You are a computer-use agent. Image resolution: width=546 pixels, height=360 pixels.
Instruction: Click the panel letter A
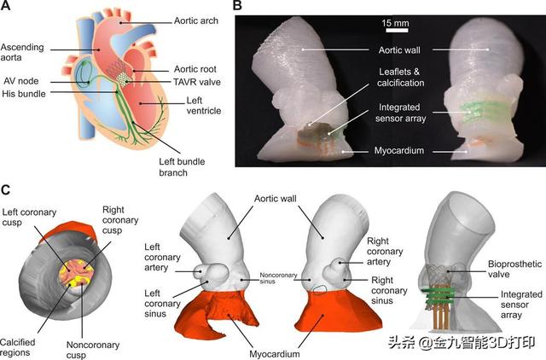tap(6, 6)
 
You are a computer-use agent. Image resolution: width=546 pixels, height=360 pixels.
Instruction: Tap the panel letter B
tap(237, 6)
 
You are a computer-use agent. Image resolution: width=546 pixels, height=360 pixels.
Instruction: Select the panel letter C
tap(6, 190)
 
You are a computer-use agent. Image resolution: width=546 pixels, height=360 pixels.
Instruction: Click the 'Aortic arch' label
tap(196, 20)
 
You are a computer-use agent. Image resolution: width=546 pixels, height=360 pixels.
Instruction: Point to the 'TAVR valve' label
tap(197, 82)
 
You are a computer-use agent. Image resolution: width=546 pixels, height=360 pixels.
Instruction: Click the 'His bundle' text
tap(24, 94)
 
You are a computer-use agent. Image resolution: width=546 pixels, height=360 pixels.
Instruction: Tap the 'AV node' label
tap(20, 81)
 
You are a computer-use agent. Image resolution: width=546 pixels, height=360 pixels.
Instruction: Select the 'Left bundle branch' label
tap(182, 167)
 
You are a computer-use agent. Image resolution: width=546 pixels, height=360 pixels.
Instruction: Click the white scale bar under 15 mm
tap(397, 31)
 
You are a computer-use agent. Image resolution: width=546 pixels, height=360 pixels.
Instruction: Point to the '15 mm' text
tap(395, 23)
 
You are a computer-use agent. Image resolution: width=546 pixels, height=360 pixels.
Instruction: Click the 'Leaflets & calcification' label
tap(400, 78)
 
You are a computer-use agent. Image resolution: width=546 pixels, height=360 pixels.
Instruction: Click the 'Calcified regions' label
tap(17, 347)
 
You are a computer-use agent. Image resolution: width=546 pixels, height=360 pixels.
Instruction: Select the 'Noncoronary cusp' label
tap(93, 350)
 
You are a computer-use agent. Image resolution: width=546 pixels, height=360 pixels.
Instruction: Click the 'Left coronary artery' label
tap(162, 258)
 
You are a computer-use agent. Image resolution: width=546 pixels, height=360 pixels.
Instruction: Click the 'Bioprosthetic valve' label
tap(514, 269)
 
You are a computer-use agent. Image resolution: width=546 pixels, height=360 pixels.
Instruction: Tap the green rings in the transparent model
tap(438, 296)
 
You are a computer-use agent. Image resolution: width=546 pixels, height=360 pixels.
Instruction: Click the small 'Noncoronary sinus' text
tap(278, 278)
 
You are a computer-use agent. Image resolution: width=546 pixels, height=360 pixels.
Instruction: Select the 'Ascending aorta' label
tap(22, 52)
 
